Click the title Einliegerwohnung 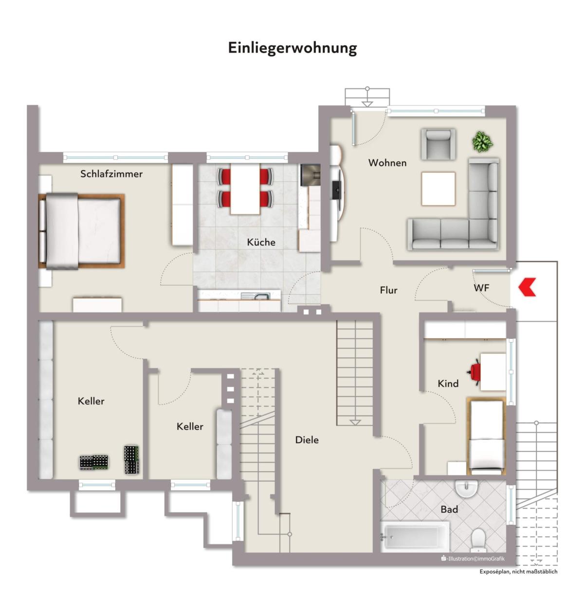coord(292,48)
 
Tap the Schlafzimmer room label coord(111,174)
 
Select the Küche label coord(261,242)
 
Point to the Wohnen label coord(387,162)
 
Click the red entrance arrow coord(527,287)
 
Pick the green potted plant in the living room coord(482,141)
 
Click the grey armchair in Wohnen coord(438,144)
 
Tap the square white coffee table coord(438,189)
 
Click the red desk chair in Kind coord(475,372)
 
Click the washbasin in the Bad coord(466,489)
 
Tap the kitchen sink coord(255,296)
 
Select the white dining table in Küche coord(245,189)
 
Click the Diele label coord(307,439)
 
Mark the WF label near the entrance coord(481,288)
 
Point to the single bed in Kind coord(486,436)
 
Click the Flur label coord(388,290)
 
